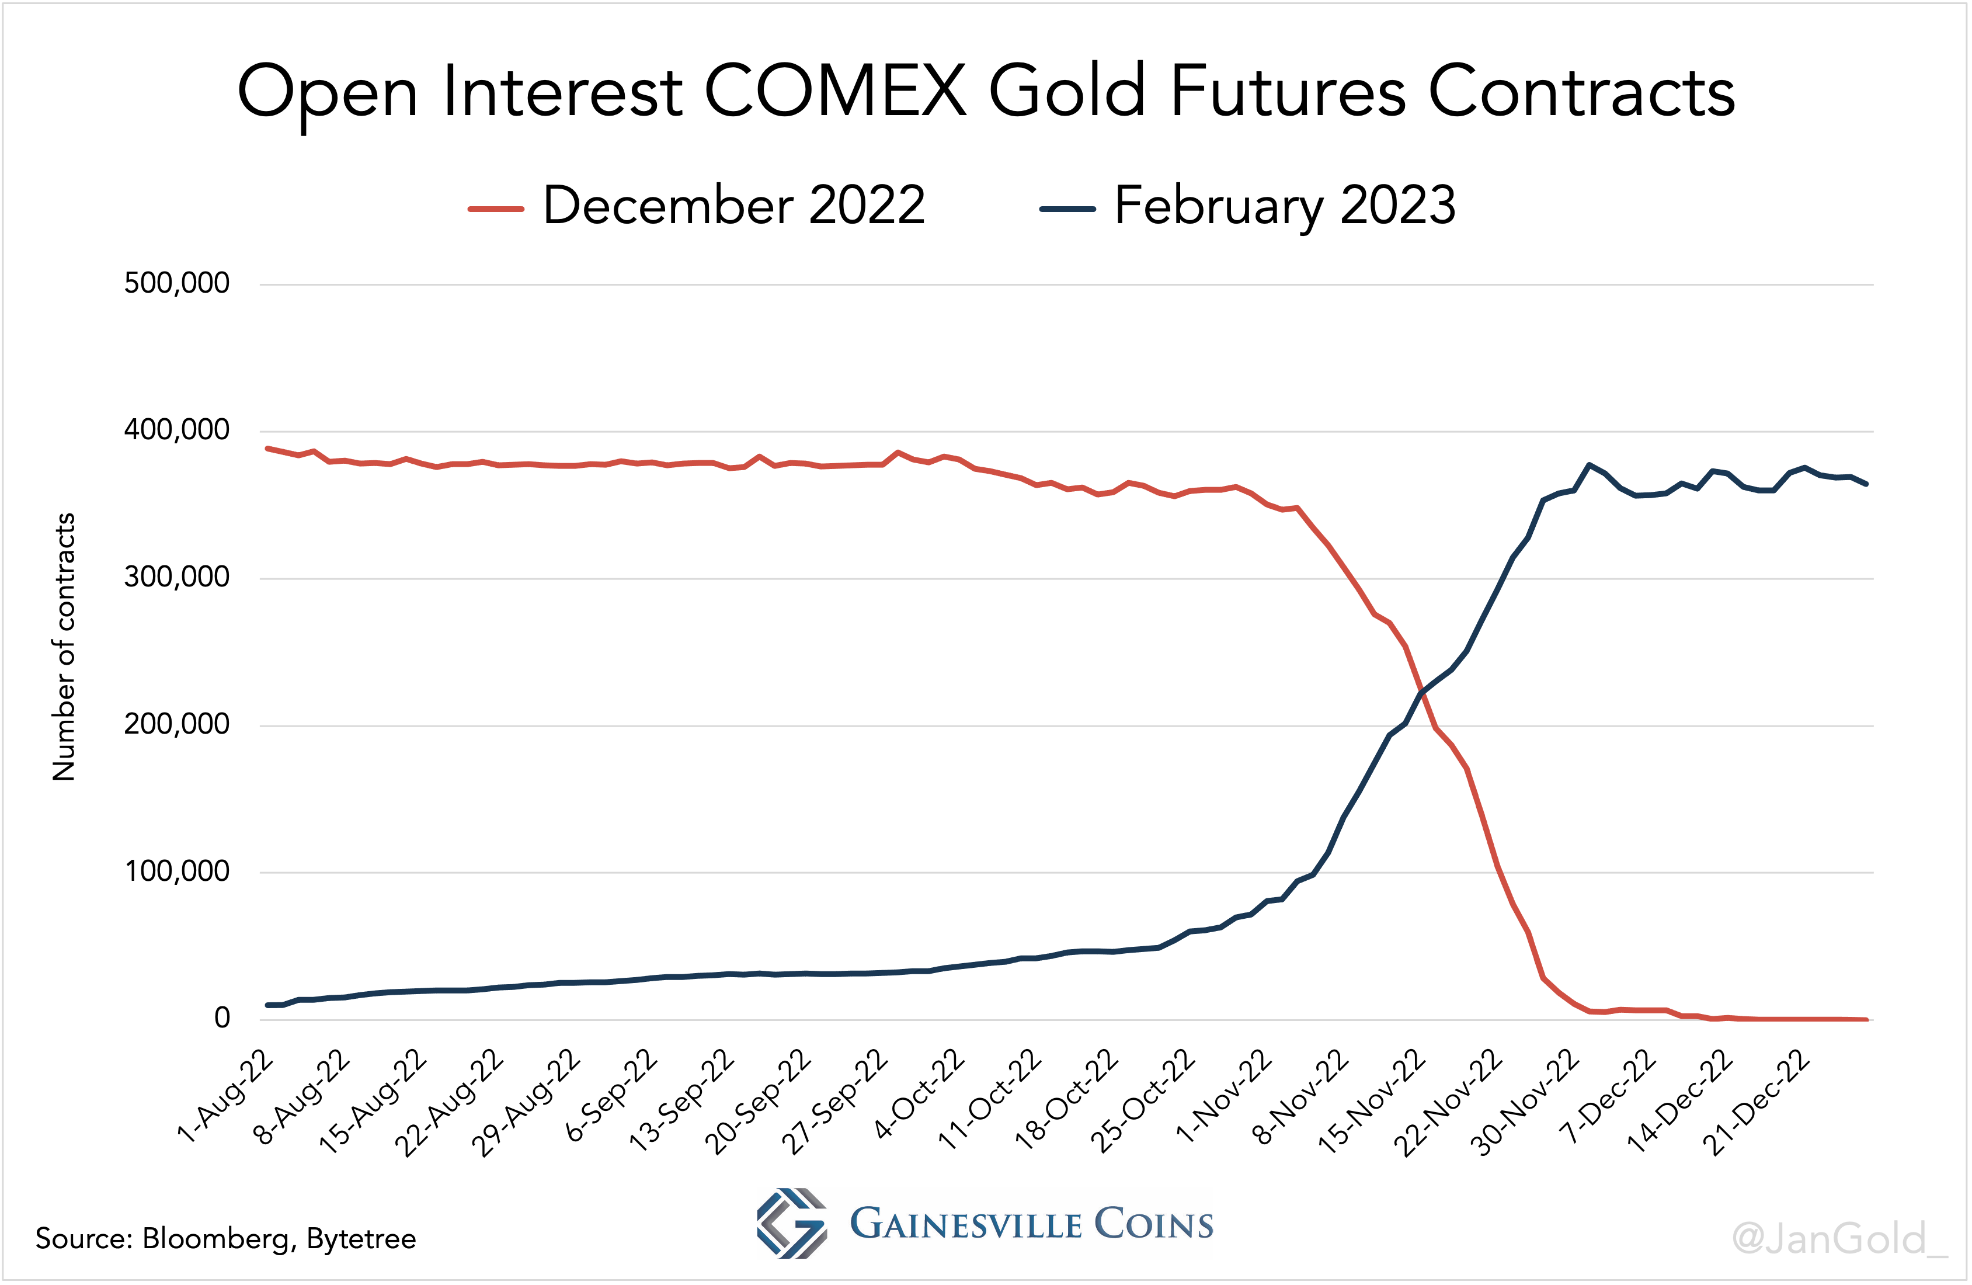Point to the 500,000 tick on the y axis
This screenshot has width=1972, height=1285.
click(176, 283)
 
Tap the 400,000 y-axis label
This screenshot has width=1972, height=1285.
click(176, 430)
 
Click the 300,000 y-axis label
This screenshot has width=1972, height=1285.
click(176, 577)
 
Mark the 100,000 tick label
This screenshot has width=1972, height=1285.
click(176, 871)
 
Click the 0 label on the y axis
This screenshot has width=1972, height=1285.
click(221, 1018)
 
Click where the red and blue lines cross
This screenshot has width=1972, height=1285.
click(1423, 694)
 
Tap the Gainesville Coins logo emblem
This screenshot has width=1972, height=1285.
click(791, 1224)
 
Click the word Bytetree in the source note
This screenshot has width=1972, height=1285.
click(361, 1239)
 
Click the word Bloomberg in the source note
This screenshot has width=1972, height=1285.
click(216, 1239)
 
